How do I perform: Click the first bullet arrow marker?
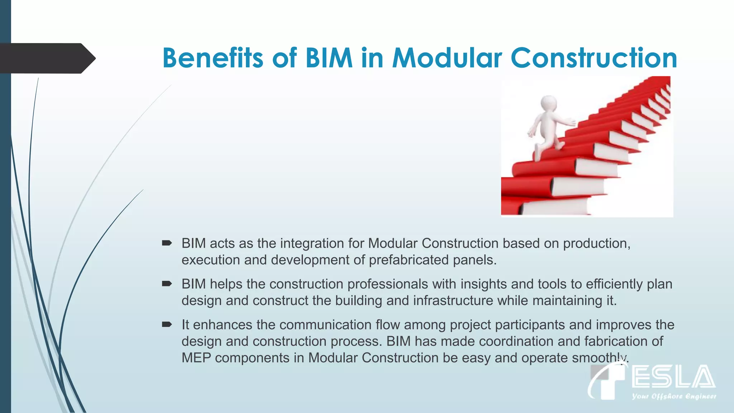coord(167,243)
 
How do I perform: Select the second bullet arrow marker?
coord(167,284)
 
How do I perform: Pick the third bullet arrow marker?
coord(167,325)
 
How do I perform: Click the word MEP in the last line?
coord(196,358)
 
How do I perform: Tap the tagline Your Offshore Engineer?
coord(674,396)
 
